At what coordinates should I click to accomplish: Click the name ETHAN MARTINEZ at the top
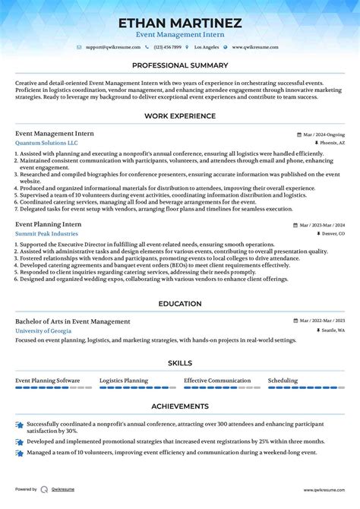(x=179, y=23)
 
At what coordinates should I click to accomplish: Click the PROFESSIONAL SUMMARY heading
(x=180, y=66)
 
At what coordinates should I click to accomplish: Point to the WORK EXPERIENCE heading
(x=180, y=116)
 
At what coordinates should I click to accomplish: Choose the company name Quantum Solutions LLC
(x=46, y=142)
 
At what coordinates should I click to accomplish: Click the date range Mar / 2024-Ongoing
(x=324, y=134)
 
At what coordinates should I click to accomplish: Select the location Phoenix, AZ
(x=331, y=143)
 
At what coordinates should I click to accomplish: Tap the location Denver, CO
(x=332, y=234)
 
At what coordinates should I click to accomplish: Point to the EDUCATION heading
(x=180, y=304)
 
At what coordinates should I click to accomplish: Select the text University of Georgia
(x=45, y=330)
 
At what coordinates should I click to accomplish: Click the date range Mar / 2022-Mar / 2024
(x=321, y=322)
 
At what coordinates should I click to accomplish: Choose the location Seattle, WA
(x=331, y=331)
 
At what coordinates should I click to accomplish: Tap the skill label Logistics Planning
(x=124, y=381)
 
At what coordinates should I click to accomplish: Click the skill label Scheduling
(x=283, y=381)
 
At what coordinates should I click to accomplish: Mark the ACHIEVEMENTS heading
(x=180, y=406)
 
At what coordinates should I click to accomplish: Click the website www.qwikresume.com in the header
(x=255, y=47)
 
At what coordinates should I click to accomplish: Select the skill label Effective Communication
(x=217, y=381)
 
